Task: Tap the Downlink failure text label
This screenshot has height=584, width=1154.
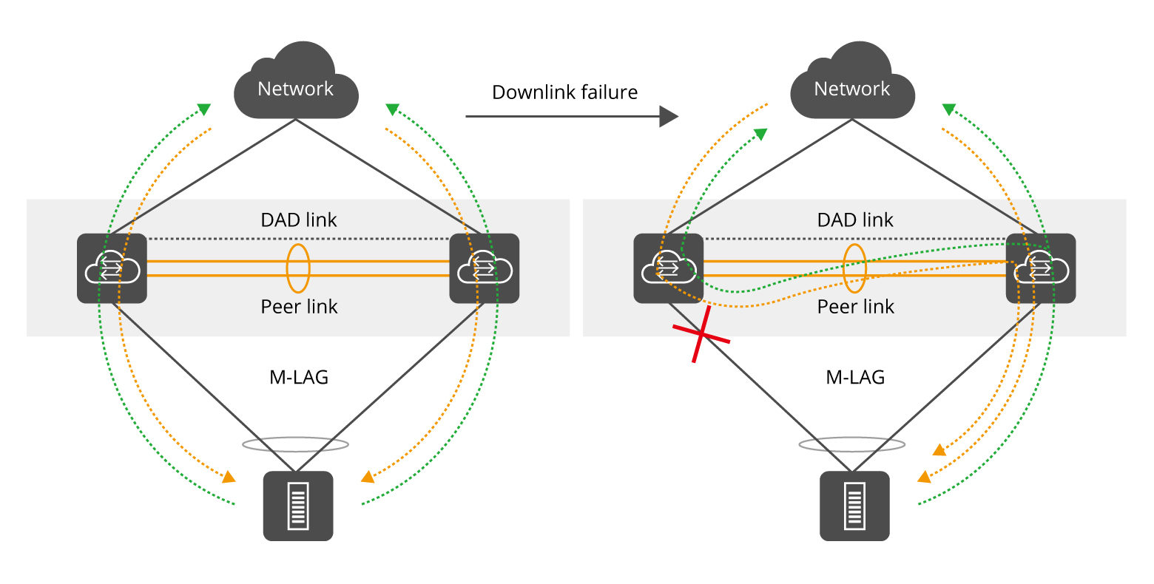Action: [564, 92]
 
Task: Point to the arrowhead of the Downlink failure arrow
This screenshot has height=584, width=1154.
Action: [669, 116]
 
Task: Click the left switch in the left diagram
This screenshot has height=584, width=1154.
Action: [112, 268]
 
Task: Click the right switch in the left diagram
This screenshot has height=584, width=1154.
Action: [485, 268]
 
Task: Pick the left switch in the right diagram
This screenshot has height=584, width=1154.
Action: [668, 268]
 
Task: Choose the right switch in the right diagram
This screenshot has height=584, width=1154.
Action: [1041, 268]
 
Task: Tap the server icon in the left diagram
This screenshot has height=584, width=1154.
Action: [298, 506]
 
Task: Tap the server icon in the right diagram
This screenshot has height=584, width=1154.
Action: [854, 506]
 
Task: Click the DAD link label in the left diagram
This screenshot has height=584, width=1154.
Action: [299, 220]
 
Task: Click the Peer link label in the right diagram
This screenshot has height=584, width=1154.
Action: [856, 307]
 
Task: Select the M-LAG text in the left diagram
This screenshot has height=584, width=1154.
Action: [299, 377]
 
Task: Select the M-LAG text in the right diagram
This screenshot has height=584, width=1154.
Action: [855, 377]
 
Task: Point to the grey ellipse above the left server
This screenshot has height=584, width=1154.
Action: [296, 444]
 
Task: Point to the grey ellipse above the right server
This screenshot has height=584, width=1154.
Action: [852, 444]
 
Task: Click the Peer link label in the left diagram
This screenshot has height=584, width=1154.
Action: [299, 307]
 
